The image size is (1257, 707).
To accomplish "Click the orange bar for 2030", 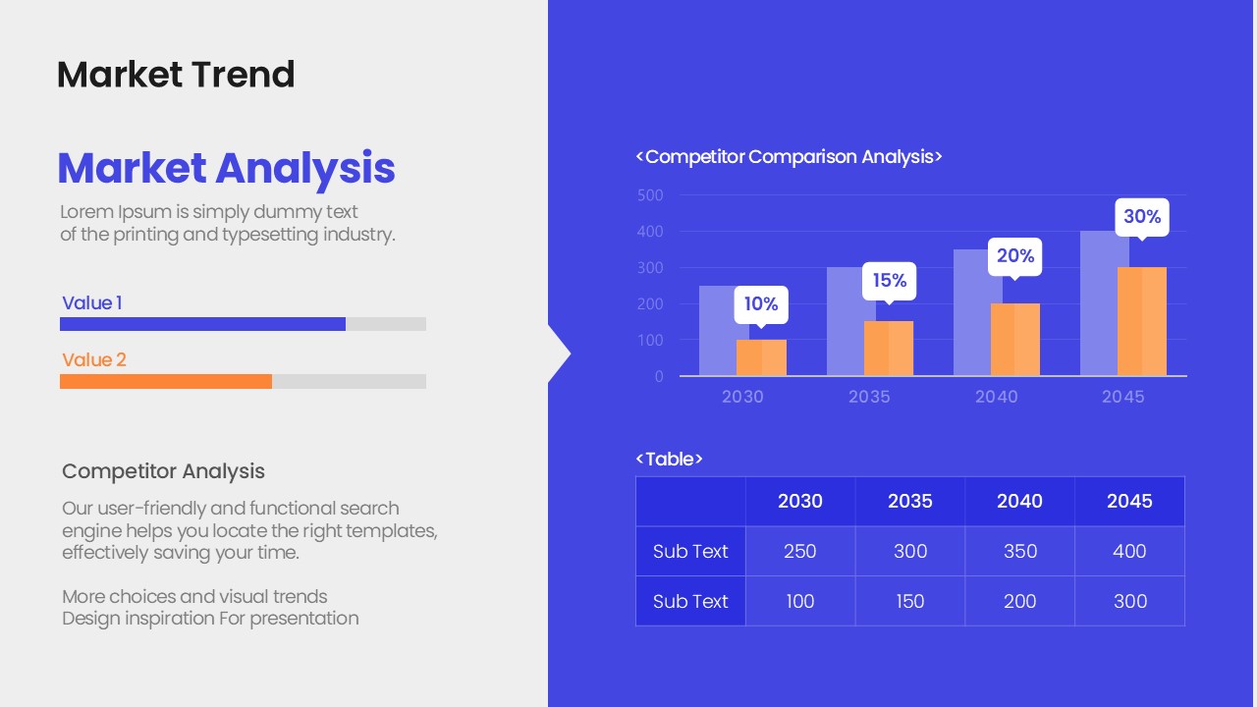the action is (761, 357).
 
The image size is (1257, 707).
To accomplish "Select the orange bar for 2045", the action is (1142, 321).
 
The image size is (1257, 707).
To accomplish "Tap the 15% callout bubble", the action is (890, 281).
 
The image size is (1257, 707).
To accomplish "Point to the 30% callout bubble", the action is (1142, 218).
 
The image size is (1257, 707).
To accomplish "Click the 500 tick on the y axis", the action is (650, 195).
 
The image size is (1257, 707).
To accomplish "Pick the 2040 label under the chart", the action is (996, 397).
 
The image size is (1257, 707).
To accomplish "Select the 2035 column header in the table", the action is (910, 501).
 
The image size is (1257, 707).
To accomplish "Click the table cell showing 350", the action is (1020, 551).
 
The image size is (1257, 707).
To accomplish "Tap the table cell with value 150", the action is (910, 601).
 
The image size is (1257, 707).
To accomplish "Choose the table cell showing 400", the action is (1129, 551).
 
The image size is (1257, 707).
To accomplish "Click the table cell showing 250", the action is (800, 551).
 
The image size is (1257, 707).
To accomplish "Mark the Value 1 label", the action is (92, 303).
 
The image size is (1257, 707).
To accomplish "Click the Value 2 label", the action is (94, 359).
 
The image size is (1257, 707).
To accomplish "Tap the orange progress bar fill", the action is (166, 382).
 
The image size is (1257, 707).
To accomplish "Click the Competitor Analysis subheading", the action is (163, 471).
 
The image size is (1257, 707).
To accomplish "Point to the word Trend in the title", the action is (244, 75).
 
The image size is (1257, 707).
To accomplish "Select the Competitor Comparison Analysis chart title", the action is (789, 156).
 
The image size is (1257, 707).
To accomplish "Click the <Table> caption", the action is (669, 459).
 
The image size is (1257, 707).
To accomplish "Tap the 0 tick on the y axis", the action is (659, 376).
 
